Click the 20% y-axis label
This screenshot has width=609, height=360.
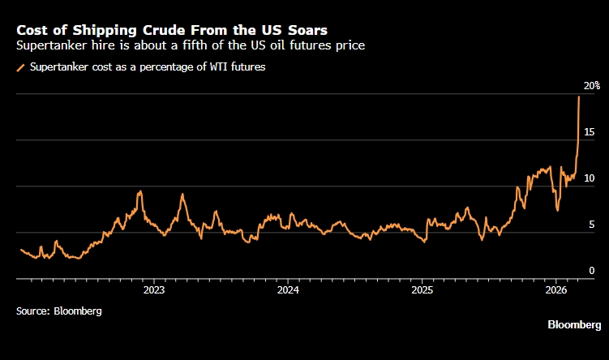pos(591,85)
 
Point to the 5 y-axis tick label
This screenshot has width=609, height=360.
pos(592,225)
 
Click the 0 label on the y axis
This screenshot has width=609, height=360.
pos(592,271)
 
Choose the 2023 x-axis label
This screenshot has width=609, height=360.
pos(153,289)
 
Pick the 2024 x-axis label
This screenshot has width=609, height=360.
pos(287,289)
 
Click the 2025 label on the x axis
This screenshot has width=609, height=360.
pos(422,289)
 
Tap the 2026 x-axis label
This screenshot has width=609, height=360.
pos(555,289)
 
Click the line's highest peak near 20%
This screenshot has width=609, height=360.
pos(578,97)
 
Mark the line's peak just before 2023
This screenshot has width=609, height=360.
pos(140,191)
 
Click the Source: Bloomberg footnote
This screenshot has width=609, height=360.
pos(59,311)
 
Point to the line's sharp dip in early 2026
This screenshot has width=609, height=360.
pos(557,210)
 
